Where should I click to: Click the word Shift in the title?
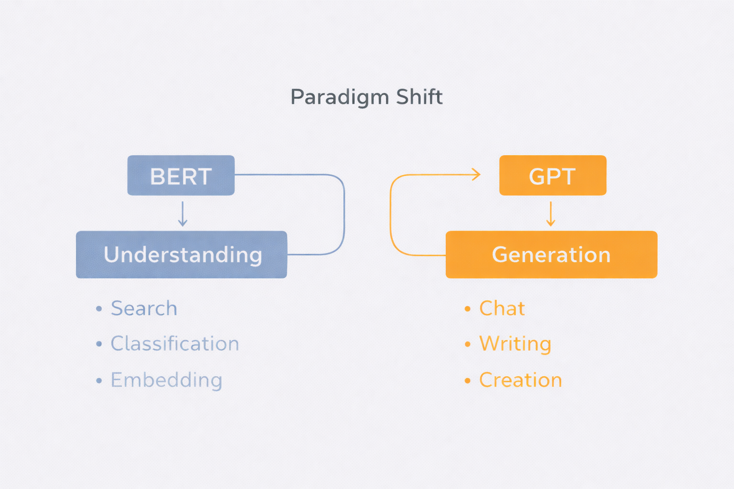419,96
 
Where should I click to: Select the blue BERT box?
181,175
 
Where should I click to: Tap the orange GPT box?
552,175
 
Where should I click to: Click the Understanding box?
182,255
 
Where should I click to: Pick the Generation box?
551,255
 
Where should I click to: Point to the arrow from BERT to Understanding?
183,213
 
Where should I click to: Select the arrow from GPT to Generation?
550,213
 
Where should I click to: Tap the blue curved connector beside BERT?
344,215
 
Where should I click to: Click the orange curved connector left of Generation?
391,215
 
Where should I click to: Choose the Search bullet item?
144,308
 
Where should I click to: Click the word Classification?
175,344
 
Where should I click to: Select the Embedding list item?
166,380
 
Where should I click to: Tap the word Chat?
502,308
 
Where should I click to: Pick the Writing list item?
515,344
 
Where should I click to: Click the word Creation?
520,380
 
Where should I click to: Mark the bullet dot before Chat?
467,309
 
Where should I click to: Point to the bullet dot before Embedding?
99,381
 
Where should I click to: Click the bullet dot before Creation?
467,381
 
